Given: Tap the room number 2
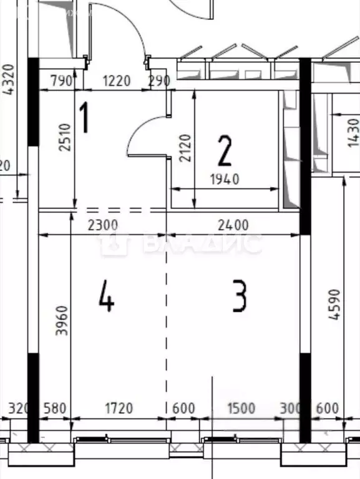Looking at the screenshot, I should (x=224, y=150).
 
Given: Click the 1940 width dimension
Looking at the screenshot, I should (x=225, y=180).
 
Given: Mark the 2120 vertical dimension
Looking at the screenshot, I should (x=185, y=148).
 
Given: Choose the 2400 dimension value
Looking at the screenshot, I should (x=234, y=225).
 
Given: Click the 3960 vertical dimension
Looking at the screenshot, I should (x=62, y=321).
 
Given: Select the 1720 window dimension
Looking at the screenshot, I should (x=118, y=409).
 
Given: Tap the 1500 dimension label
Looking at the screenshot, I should (x=241, y=409).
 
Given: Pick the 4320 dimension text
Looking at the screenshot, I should (x=9, y=79).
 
